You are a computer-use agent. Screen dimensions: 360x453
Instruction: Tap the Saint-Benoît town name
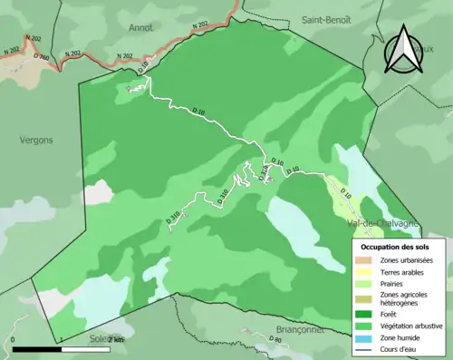tap(326, 19)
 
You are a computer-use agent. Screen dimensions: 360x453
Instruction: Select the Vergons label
tap(36, 140)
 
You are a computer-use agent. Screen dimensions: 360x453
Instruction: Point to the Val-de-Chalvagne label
tap(381, 223)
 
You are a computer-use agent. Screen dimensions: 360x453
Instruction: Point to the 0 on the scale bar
tap(13, 339)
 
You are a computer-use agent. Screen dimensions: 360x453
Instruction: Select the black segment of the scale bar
tap(36, 348)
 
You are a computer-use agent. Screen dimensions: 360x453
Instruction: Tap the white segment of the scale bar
tap(86, 348)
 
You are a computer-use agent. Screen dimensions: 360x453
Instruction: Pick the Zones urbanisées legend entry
tap(407, 260)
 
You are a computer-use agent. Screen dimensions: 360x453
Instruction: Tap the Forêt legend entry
tap(389, 315)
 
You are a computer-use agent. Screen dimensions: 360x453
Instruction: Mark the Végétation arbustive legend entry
tap(412, 326)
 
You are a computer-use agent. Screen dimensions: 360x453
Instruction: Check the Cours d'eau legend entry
tap(400, 350)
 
